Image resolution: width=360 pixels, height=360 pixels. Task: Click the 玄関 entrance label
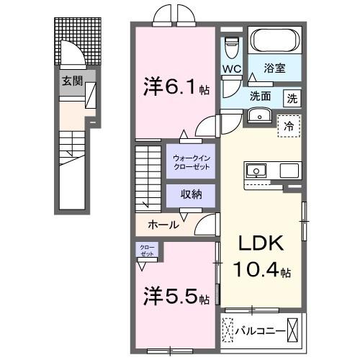coord(70,81)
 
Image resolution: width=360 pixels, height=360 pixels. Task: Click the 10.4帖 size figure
coord(261,271)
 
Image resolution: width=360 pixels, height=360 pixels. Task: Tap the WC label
coord(232,69)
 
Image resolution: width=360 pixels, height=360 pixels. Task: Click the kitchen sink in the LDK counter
coord(256,171)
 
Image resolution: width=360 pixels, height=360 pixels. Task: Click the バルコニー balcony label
coord(260,332)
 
